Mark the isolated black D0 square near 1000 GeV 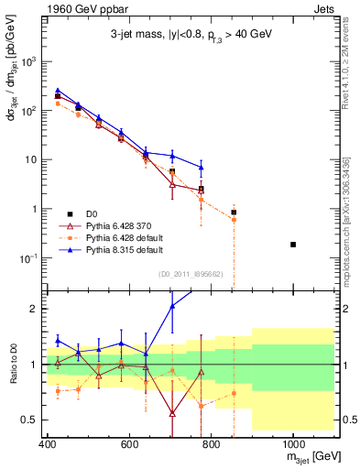pos(293,245)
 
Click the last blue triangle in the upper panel pos(202,168)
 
